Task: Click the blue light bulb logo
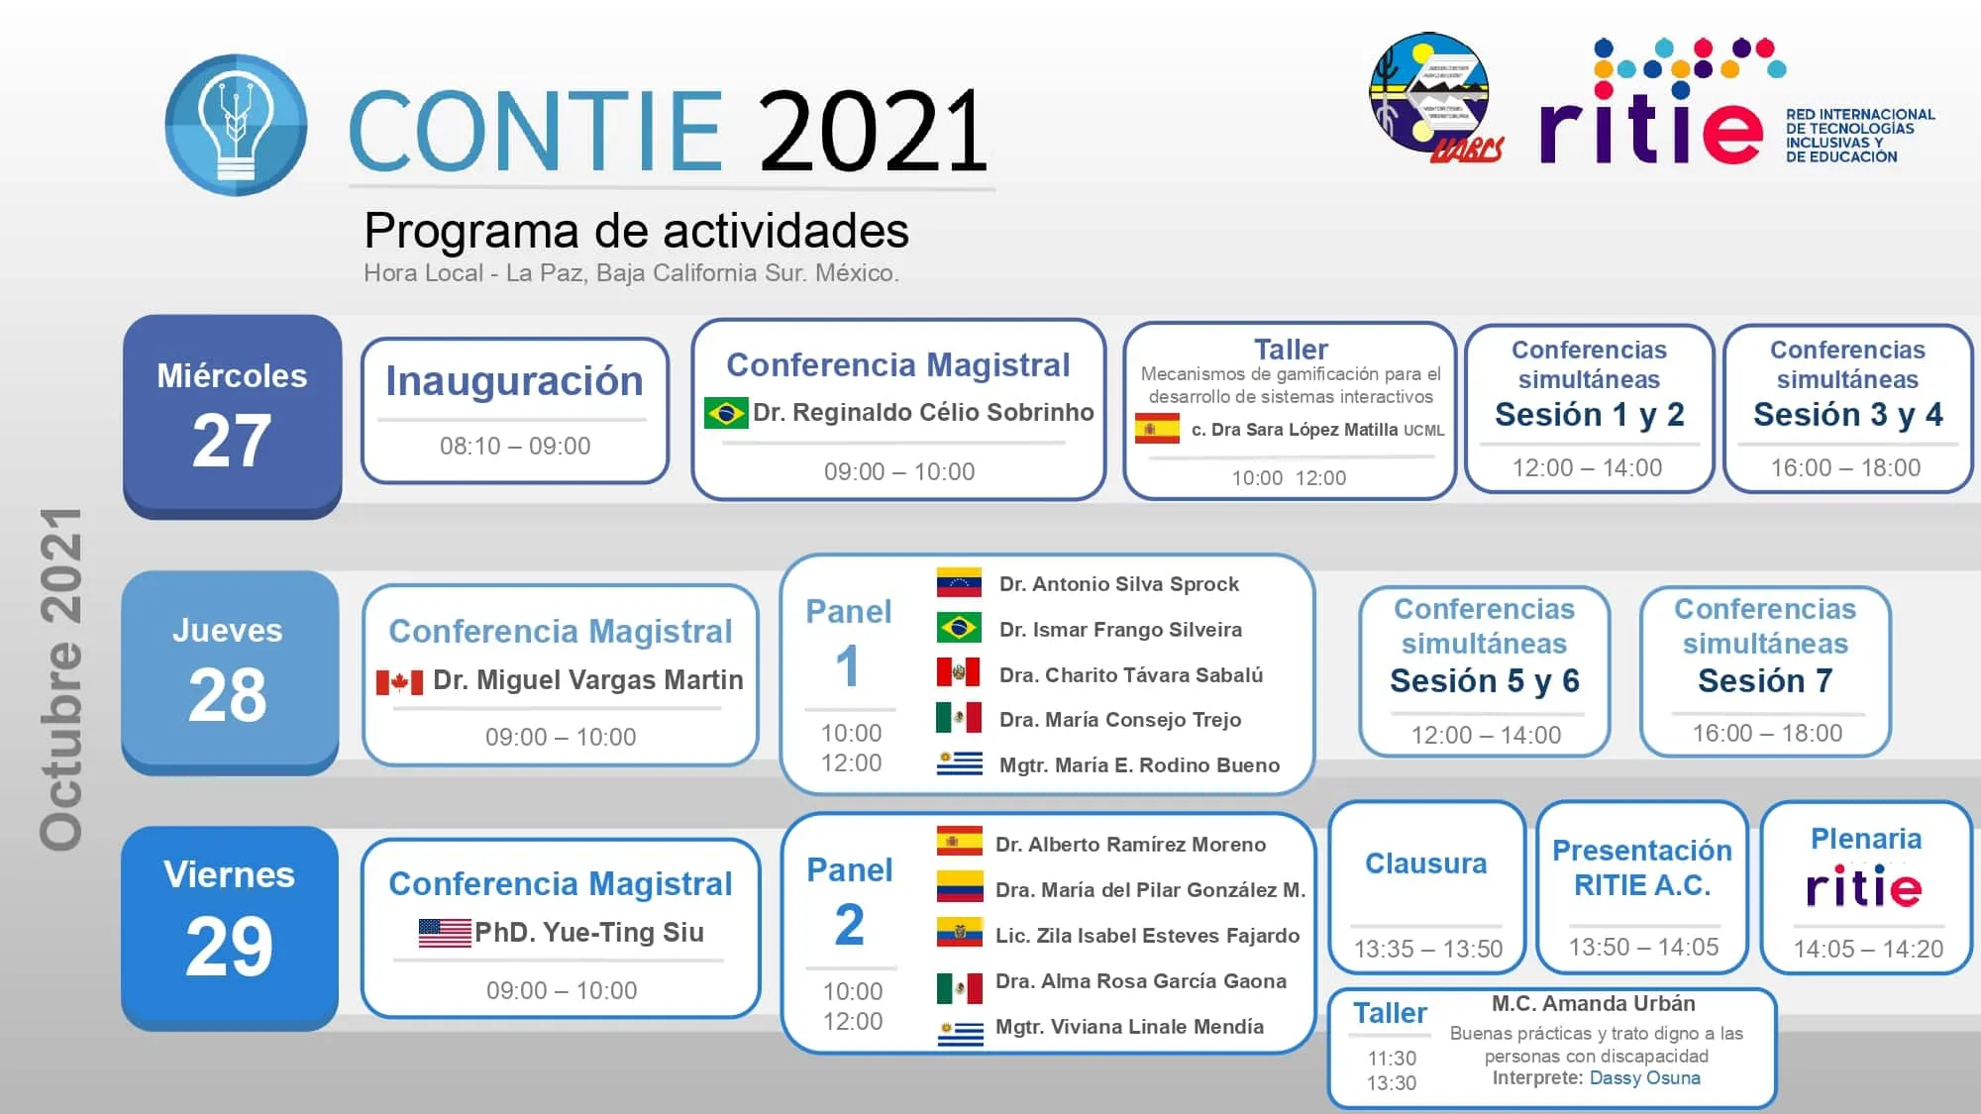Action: coord(236,125)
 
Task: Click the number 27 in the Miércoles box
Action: coord(232,442)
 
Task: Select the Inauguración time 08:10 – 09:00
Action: coord(515,447)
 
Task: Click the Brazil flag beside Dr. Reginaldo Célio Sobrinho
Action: coord(725,413)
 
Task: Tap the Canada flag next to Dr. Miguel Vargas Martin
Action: coord(399,681)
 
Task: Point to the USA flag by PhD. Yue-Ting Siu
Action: coord(444,933)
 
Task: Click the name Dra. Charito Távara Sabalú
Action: coord(1130,675)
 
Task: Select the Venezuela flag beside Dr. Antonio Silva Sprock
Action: coord(958,583)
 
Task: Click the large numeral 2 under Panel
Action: coord(849,926)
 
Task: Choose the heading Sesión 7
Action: coord(1765,681)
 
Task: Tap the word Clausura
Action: coord(1425,863)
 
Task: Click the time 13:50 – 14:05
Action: coord(1643,948)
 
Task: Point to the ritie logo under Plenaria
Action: coord(1864,887)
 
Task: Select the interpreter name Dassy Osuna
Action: coord(1644,1078)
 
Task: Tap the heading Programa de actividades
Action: coord(636,231)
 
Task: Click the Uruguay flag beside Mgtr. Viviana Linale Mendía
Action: coord(960,1032)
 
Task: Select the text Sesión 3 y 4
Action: coord(1847,415)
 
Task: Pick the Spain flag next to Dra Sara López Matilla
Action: coord(1156,429)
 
